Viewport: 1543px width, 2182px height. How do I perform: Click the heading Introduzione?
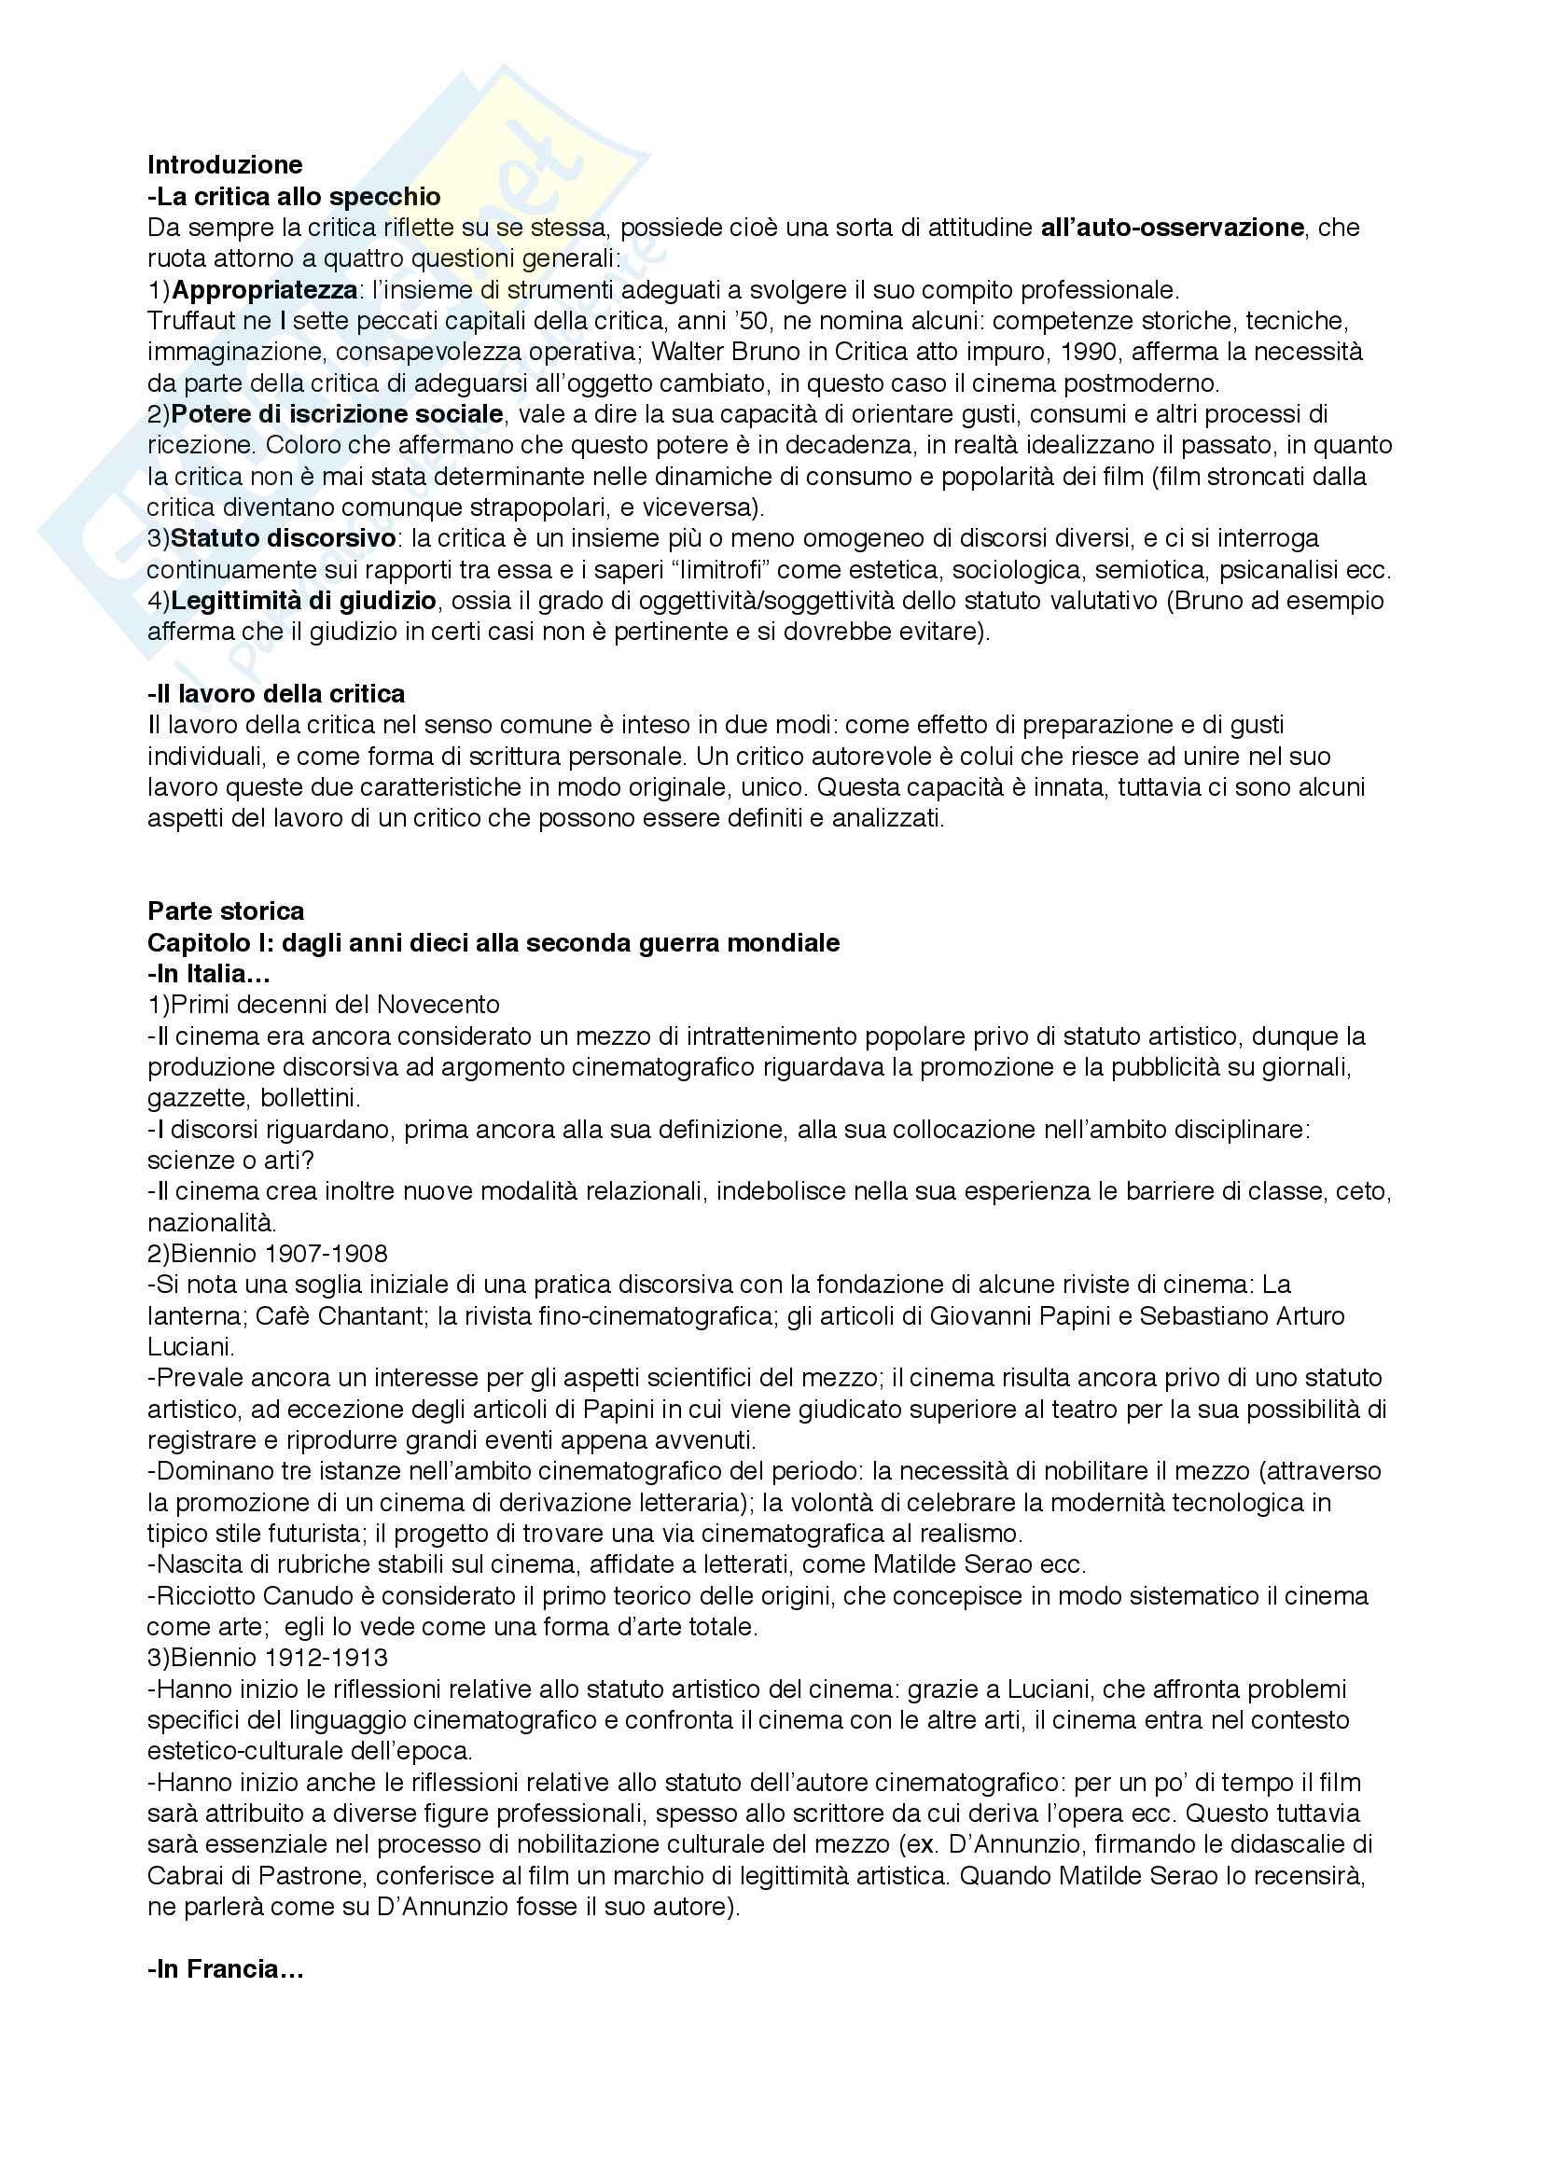pos(224,164)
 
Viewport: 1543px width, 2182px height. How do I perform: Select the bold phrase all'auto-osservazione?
pos(1172,227)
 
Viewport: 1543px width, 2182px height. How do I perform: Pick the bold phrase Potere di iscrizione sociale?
pos(338,413)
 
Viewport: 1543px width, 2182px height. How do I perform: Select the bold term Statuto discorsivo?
pos(284,538)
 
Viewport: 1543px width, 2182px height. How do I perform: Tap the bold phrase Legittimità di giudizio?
pos(304,601)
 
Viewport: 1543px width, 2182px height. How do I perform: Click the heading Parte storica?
pos(225,910)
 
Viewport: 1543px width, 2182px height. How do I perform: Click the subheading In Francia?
pos(225,1969)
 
